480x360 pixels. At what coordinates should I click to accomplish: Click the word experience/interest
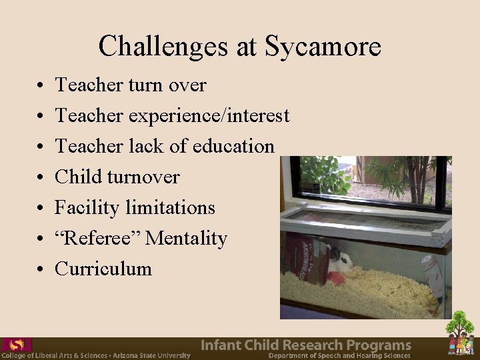pyautogui.click(x=208, y=116)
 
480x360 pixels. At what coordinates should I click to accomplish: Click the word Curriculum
pyautogui.click(x=103, y=269)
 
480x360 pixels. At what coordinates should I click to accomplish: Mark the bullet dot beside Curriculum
pyautogui.click(x=41, y=270)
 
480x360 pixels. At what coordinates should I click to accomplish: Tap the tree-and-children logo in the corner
pyautogui.click(x=459, y=333)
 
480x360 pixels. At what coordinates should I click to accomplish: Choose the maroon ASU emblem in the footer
pyautogui.click(x=16, y=345)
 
